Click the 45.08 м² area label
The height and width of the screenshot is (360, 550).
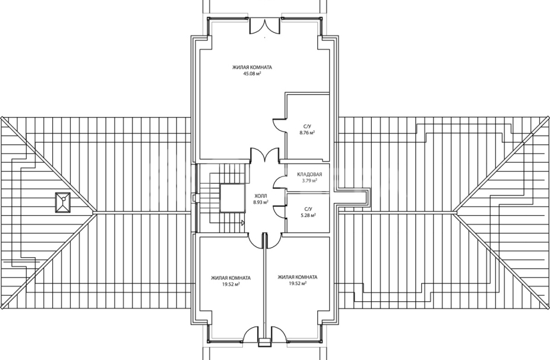tap(252, 74)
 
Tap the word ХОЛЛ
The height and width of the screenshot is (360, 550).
tap(261, 196)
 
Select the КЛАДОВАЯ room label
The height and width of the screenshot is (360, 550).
tap(309, 175)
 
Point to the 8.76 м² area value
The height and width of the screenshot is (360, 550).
tap(307, 132)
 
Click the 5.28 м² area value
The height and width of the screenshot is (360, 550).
tap(308, 216)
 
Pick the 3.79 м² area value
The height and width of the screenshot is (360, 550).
tap(309, 181)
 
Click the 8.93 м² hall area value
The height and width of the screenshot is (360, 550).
tap(261, 202)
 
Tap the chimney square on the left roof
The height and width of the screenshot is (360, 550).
tap(63, 203)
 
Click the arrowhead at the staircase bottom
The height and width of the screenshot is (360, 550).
tap(243, 222)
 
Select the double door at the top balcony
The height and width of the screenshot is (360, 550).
tap(265, 26)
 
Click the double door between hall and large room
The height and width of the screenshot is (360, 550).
tap(265, 156)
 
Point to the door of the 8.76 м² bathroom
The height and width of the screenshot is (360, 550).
tap(280, 125)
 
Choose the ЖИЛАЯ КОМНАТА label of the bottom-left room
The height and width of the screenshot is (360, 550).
tap(231, 278)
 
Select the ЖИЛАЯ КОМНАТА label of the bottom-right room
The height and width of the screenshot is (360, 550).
tap(298, 277)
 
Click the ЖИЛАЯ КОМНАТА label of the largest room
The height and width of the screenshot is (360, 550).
tap(252, 67)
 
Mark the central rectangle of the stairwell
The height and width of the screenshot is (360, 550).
tap(232, 198)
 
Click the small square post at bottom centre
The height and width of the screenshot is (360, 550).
tap(264, 342)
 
